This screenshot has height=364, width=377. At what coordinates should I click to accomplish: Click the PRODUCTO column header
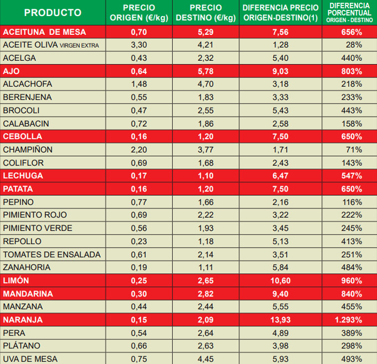coord(53,12)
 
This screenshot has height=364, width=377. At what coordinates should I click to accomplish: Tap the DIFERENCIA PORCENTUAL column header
coord(349,12)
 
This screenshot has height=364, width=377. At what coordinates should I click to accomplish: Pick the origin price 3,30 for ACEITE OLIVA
coord(139,45)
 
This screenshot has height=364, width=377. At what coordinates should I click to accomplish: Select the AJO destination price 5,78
coord(206,71)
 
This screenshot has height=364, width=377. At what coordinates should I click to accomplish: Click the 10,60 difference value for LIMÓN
coord(281,280)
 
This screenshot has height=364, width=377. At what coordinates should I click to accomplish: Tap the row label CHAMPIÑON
coord(28,149)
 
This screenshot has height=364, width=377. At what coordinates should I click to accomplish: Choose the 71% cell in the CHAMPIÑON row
coord(354,149)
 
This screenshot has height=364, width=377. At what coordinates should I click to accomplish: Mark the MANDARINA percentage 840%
coord(351,294)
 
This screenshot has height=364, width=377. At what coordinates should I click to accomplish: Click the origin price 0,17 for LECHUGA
coord(139,176)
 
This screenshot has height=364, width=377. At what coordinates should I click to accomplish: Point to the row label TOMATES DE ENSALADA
coord(52,254)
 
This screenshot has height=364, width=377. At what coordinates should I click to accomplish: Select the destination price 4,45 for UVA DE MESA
coord(206,359)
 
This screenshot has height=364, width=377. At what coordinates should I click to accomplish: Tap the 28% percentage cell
coord(354,45)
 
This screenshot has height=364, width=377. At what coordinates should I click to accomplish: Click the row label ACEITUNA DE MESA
coord(44,32)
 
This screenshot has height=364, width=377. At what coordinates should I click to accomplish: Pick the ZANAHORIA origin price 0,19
coord(139,267)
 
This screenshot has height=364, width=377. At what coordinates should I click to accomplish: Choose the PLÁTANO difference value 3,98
coord(281,346)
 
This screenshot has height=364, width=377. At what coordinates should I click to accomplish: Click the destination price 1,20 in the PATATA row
coord(206,189)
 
